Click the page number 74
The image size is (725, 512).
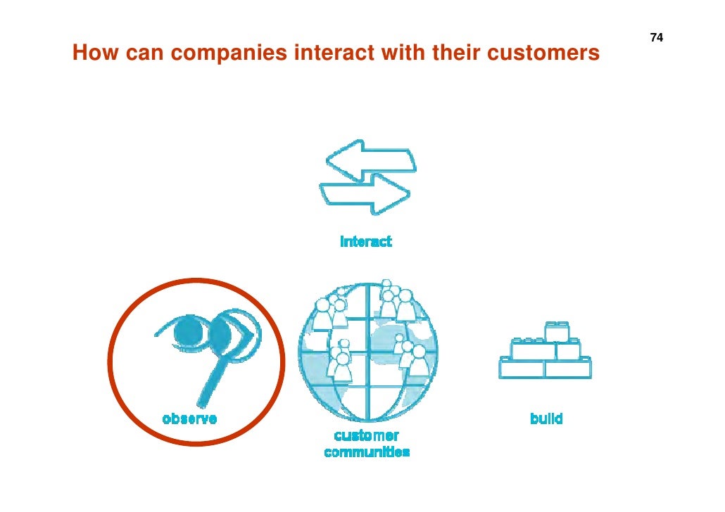pyautogui.click(x=656, y=37)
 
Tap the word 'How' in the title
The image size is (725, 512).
pyautogui.click(x=91, y=53)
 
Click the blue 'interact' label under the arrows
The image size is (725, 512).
pyautogui.click(x=365, y=242)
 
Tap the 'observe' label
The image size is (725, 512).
pyautogui.click(x=189, y=418)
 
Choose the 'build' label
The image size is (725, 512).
pyautogui.click(x=546, y=418)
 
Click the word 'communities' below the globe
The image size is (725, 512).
pyautogui.click(x=367, y=452)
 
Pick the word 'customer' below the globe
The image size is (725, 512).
pyautogui.click(x=366, y=436)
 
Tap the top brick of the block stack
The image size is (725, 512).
pyautogui.click(x=557, y=331)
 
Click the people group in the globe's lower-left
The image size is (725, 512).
pyautogui.click(x=341, y=360)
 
